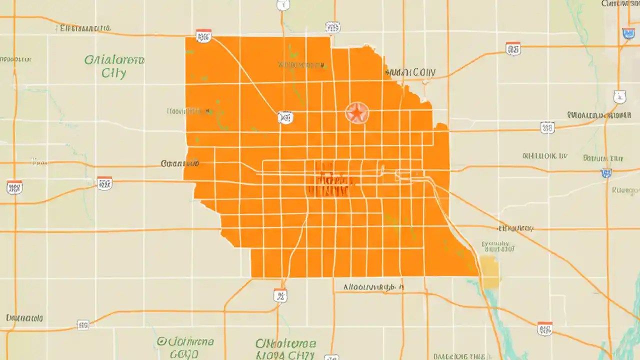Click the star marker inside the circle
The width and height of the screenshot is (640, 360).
pyautogui.click(x=356, y=113)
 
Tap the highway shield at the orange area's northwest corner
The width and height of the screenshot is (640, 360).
pyautogui.click(x=203, y=35)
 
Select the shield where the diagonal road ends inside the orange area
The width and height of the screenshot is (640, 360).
pyautogui.click(x=285, y=117)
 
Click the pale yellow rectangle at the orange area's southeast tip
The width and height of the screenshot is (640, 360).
pyautogui.click(x=490, y=272)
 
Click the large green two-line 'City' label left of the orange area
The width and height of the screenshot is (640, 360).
pyautogui.click(x=114, y=66)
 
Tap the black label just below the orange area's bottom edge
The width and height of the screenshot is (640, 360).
pyautogui.click(x=374, y=287)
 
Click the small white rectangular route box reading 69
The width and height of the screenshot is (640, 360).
pyautogui.click(x=83, y=325)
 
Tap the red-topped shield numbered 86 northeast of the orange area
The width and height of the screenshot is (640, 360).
pyautogui.click(x=513, y=48)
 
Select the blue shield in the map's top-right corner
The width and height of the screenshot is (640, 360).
pyautogui.click(x=628, y=33)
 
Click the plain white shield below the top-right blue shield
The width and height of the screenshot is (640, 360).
pyautogui.click(x=619, y=96)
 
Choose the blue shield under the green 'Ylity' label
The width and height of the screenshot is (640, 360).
pyautogui.click(x=606, y=173)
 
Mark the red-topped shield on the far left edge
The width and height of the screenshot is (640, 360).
pyautogui.click(x=14, y=187)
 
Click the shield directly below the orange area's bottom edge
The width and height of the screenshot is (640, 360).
pyautogui.click(x=280, y=295)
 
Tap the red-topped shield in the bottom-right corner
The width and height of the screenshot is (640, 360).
pyautogui.click(x=545, y=328)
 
